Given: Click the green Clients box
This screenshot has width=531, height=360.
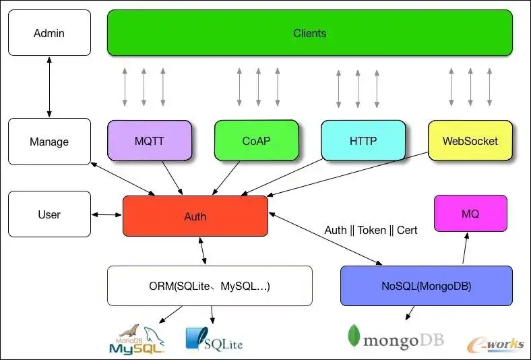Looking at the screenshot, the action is coord(310,33).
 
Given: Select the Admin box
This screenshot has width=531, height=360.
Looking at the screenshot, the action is coord(49,33).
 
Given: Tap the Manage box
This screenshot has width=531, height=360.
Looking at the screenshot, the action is coord(49,142).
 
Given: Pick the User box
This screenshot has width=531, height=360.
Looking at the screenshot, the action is coord(49,214).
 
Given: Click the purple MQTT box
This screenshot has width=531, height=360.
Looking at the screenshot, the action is coord(150,140).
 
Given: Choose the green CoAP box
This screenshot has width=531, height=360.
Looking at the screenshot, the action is coord(257,140).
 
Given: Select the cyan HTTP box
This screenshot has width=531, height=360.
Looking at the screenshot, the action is coord(363,140).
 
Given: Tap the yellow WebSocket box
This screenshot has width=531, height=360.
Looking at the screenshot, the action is coord(470,140).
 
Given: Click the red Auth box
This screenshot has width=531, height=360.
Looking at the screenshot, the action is coord(195,216).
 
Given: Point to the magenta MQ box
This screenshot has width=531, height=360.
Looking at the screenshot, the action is coord(471,213).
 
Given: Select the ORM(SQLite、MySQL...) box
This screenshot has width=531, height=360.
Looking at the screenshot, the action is coord(210,286).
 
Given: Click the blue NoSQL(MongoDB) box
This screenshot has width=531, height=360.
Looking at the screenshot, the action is coord(427,286).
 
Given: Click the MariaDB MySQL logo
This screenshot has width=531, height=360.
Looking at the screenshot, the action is coord(137,339).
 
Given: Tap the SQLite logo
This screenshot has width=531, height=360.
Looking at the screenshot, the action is coord(214,339).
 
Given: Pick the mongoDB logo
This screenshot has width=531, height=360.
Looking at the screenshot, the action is coord(396,336).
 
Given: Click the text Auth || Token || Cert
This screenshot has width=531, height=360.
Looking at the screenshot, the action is coord(371,231).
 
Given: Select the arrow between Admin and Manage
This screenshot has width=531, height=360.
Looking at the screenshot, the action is coord(49,87).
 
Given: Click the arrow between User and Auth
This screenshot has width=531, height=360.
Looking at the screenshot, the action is coord(106,214).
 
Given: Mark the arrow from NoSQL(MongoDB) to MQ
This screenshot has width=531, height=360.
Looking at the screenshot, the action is coord(465,248).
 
